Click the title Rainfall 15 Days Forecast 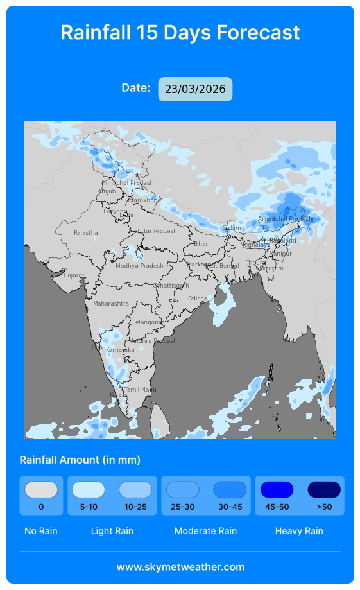[180, 32]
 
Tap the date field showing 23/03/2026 [195, 89]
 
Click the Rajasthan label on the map [88, 233]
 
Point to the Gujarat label [74, 275]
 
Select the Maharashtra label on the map [111, 304]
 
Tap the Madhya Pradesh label [139, 266]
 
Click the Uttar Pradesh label [157, 231]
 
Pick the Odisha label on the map [198, 299]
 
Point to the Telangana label [148, 322]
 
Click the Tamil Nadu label [140, 390]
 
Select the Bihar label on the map [201, 244]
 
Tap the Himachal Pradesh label [128, 183]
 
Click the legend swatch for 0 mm [41, 490]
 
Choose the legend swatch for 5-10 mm [89, 490]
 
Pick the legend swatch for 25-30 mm [183, 490]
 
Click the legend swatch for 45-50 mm [277, 490]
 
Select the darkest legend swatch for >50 [324, 490]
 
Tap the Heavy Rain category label [299, 531]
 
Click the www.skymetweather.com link [180, 567]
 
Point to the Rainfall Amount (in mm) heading [80, 460]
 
